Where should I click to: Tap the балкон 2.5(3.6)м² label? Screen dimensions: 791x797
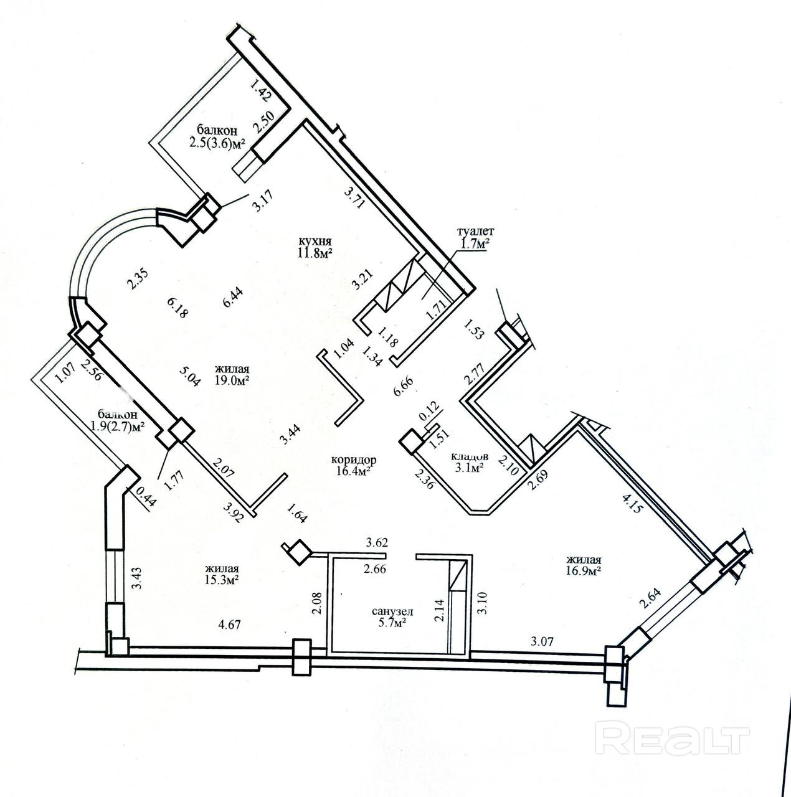pyautogui.click(x=217, y=137)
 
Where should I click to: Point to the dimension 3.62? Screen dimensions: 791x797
pyautogui.click(x=377, y=542)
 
